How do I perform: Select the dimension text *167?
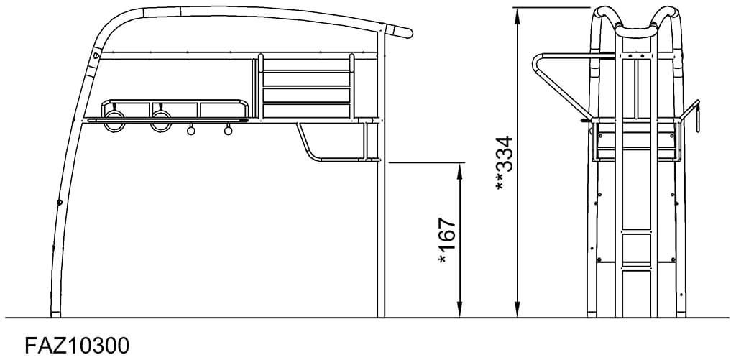[x=447, y=240]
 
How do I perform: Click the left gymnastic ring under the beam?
[x=114, y=121]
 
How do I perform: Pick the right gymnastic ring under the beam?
[x=160, y=121]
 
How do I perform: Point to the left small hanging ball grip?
[x=191, y=131]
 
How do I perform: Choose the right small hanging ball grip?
[x=229, y=131]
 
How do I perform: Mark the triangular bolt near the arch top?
[x=97, y=56]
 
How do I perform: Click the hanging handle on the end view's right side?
[x=695, y=115]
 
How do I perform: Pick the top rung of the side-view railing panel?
[x=306, y=70]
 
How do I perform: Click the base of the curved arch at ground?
[x=55, y=313]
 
